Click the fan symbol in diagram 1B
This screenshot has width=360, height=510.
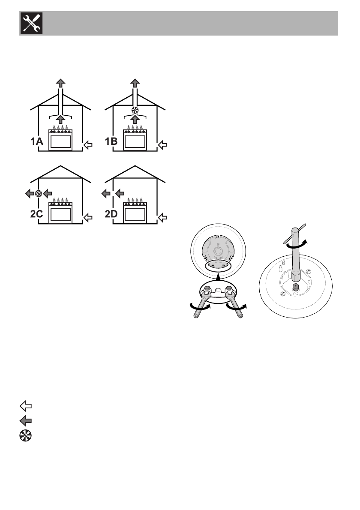point(135,109)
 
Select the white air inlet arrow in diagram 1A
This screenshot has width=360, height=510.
point(88,145)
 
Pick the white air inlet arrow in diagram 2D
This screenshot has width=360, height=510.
point(163,218)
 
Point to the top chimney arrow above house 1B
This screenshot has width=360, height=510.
point(135,84)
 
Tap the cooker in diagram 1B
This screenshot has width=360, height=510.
point(135,140)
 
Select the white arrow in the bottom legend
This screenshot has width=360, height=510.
point(25,405)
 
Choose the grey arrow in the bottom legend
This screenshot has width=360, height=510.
point(25,420)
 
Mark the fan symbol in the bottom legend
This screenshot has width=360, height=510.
point(25,434)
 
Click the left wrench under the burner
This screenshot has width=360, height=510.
point(201,302)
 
